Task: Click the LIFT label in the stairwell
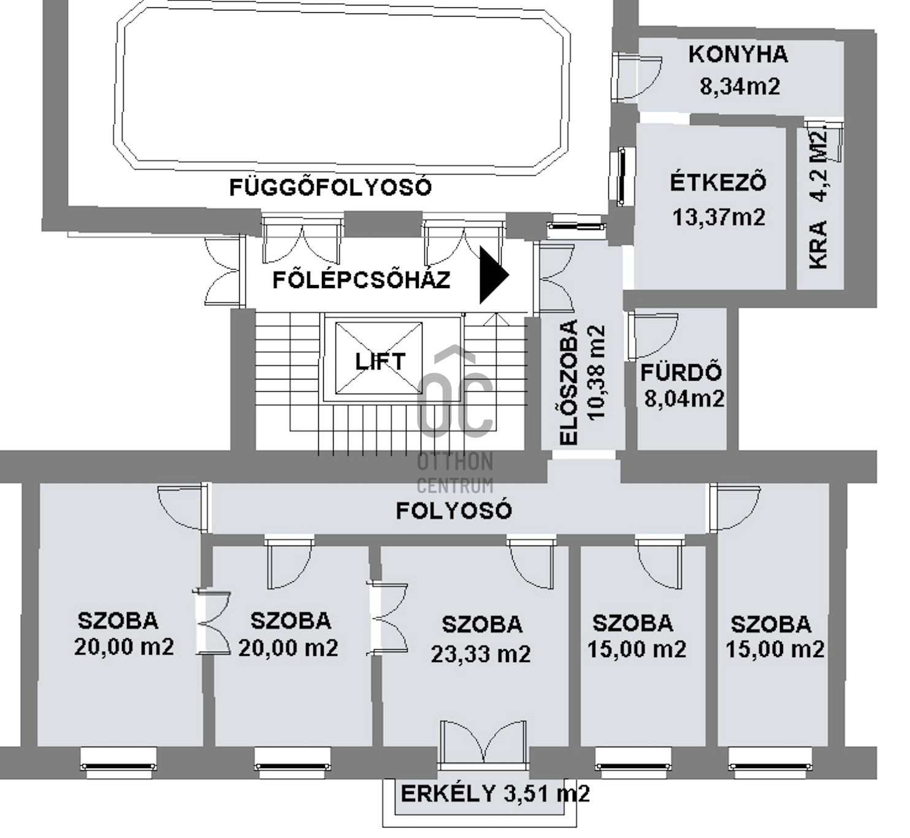(x=380, y=362)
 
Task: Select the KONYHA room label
(x=738, y=55)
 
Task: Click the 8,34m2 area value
(x=740, y=86)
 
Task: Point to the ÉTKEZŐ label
(x=718, y=183)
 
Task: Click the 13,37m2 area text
(x=719, y=217)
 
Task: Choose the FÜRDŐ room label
(x=681, y=373)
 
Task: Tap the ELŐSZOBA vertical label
(x=570, y=382)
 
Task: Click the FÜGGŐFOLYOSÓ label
(x=331, y=187)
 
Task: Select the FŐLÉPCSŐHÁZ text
(x=362, y=280)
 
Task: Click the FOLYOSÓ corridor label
(x=454, y=511)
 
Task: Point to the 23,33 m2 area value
(x=481, y=654)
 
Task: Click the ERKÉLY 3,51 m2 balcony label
(x=495, y=794)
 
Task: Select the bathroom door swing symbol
(x=651, y=335)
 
